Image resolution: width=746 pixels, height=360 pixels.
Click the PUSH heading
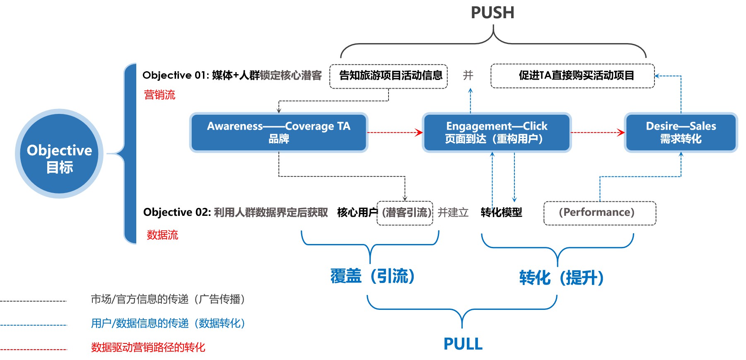point(493,13)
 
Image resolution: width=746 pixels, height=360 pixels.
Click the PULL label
point(463,344)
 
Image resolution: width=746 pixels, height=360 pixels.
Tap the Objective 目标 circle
point(59,154)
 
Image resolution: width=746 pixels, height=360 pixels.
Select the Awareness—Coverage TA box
point(279,132)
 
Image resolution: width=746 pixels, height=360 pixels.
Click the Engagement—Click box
point(496,132)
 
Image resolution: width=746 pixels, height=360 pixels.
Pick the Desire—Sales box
point(681,132)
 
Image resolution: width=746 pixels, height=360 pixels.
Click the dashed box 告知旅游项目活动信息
point(389,76)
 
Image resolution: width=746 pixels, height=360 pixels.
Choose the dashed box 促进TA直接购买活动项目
point(572,76)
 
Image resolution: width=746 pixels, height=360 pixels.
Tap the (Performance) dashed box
point(599,213)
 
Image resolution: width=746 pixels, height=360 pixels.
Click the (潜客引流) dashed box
point(405,213)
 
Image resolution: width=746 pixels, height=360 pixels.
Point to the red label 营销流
point(159,95)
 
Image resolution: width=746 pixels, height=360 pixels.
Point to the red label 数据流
point(162,235)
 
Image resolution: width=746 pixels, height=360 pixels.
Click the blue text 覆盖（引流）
point(372,276)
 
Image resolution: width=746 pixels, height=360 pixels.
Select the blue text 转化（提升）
point(561,278)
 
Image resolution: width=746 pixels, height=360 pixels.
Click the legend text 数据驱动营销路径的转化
point(148,347)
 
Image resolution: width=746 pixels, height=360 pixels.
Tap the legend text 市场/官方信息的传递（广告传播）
point(168,299)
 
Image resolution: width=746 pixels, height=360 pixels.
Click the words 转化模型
point(501,213)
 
